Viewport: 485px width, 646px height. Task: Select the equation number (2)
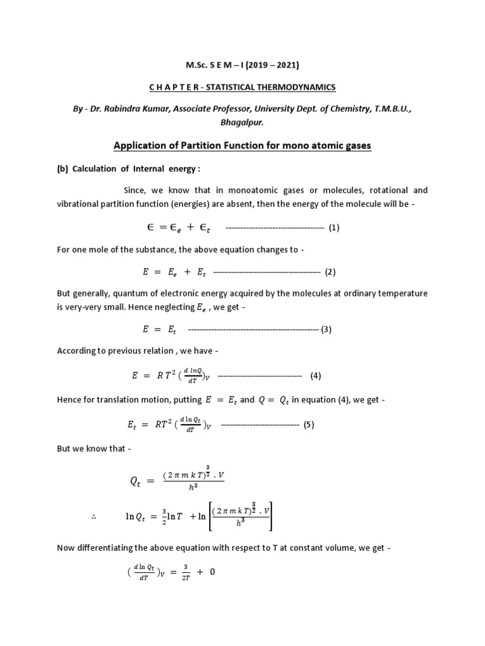(x=330, y=273)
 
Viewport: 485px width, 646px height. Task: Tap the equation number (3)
(x=326, y=329)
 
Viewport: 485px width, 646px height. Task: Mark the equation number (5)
(x=308, y=425)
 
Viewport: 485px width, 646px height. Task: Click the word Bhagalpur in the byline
(x=242, y=124)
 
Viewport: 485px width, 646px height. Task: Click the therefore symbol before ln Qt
(x=93, y=518)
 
